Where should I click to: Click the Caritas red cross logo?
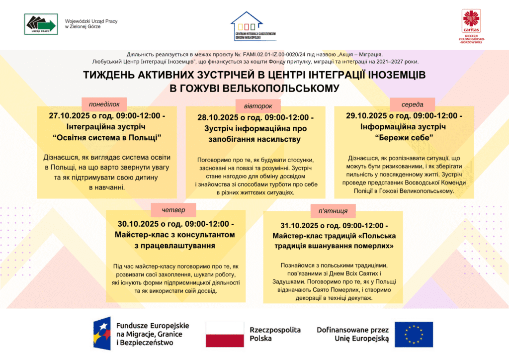tap(468, 20)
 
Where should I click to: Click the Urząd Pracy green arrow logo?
tap(42, 24)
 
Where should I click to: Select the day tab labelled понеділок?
tap(104, 104)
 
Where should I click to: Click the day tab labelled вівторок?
tap(258, 106)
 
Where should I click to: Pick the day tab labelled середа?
tap(412, 104)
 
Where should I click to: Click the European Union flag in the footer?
tap(414, 334)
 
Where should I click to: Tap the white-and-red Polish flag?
tap(225, 334)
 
